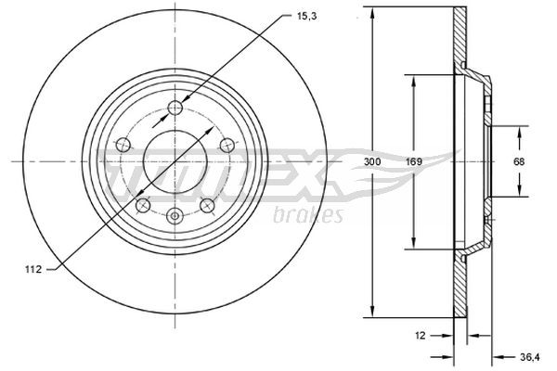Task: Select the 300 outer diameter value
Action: pyautogui.click(x=373, y=162)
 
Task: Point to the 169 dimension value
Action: pyautogui.click(x=414, y=162)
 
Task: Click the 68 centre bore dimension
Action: pyautogui.click(x=519, y=162)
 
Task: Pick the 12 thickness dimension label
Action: pyautogui.click(x=421, y=336)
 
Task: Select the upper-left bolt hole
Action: pyautogui.click(x=124, y=145)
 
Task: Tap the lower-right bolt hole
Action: pyautogui.click(x=208, y=204)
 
